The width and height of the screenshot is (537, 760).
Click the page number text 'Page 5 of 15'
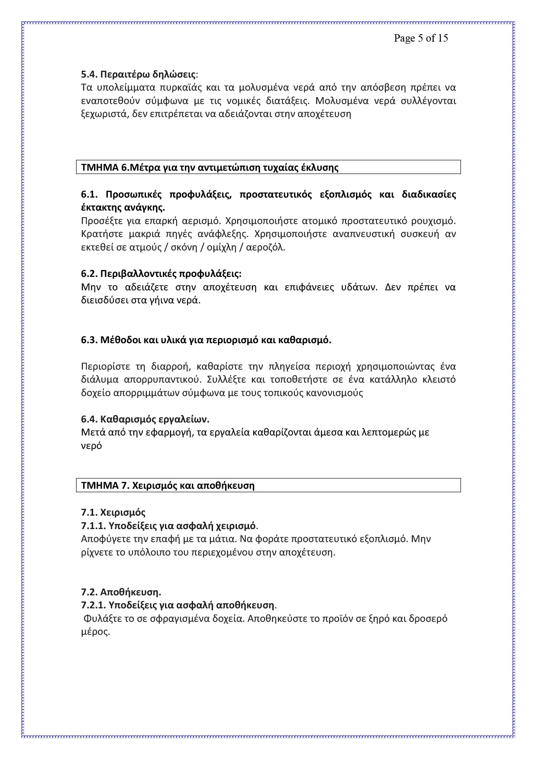tap(421, 38)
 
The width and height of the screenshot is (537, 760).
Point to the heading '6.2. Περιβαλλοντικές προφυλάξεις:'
tap(161, 274)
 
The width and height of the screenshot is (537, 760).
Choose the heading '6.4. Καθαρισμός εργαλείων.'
tap(145, 419)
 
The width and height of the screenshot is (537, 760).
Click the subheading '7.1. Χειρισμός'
tap(113, 513)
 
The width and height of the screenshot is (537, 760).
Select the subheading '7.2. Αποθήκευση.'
tap(121, 592)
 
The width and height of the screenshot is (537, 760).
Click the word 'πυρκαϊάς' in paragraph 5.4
tap(179, 88)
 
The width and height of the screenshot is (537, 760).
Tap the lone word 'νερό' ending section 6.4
tap(91, 446)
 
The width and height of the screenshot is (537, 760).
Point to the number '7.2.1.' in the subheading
tap(93, 605)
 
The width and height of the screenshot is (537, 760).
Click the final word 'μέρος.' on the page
tap(95, 632)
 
